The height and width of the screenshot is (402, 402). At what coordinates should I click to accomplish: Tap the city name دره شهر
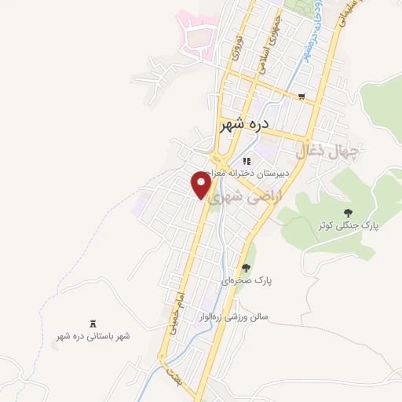[245, 125]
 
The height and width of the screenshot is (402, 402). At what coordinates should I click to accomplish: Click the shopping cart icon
[301, 97]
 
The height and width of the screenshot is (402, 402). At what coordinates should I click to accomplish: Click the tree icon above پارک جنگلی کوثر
[348, 212]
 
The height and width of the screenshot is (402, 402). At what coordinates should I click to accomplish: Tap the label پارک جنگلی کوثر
[348, 225]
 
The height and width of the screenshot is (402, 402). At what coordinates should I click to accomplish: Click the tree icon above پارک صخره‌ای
[247, 268]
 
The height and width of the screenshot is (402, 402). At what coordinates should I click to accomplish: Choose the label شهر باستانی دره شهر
[93, 336]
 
